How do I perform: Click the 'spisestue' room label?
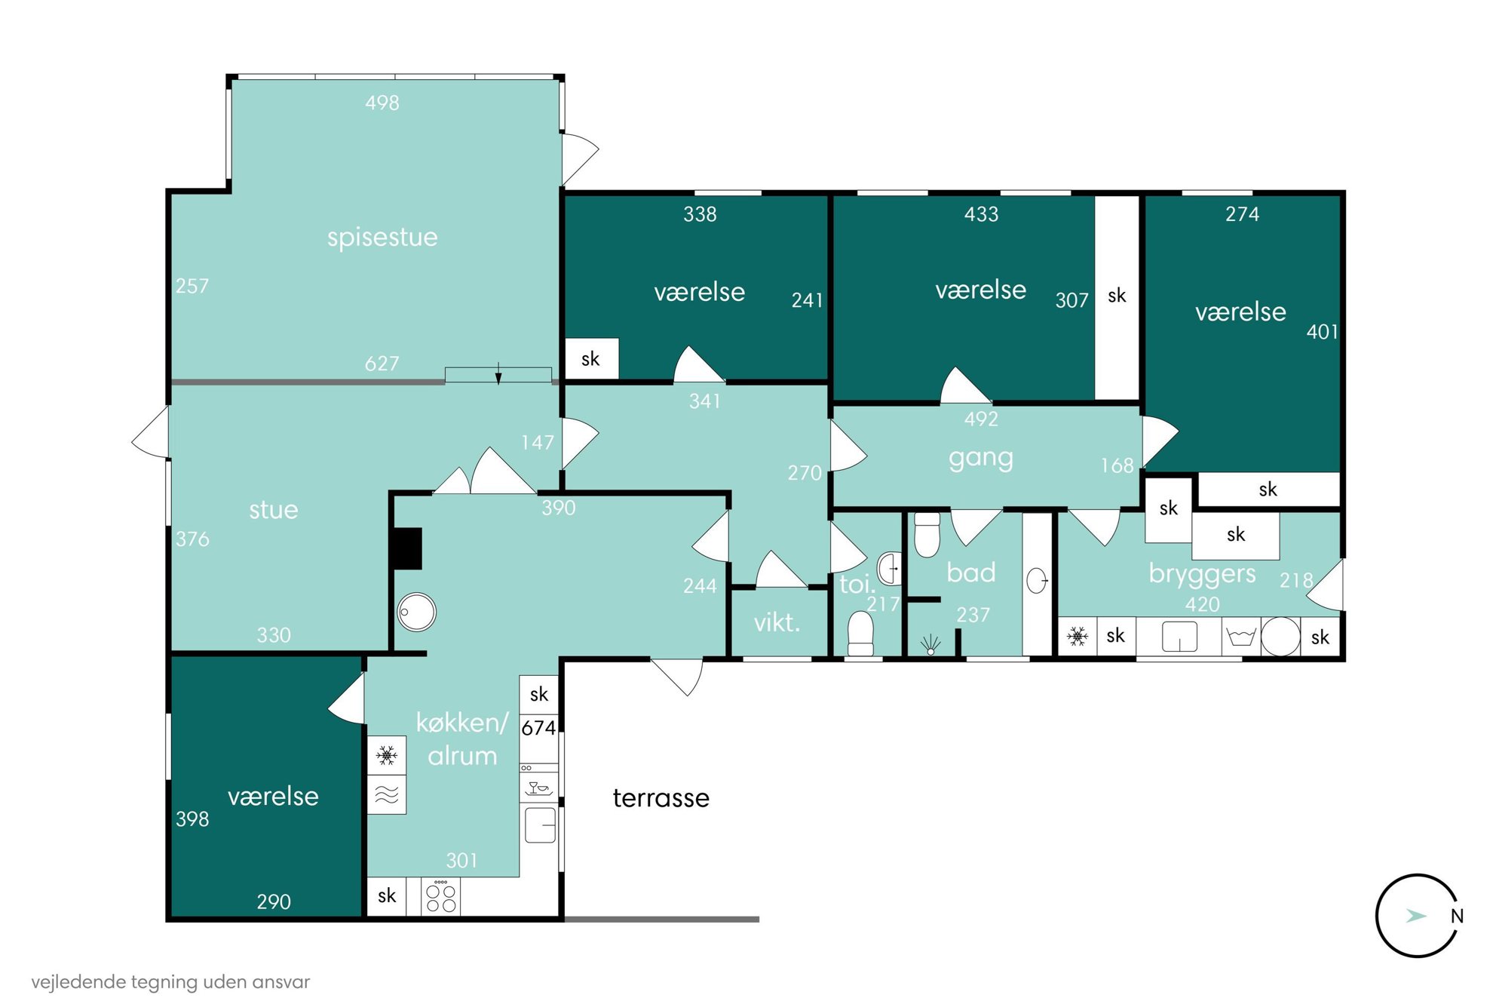[382, 238]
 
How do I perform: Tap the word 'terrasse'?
[661, 798]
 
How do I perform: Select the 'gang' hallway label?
[980, 459]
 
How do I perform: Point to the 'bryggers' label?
[1202, 574]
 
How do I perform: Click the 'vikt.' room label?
[776, 622]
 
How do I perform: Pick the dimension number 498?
[382, 103]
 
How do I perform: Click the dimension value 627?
[382, 364]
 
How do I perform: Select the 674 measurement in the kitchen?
[538, 728]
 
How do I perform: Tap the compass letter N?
[1457, 916]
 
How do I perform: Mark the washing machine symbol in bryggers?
[1280, 637]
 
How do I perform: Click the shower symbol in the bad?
[930, 645]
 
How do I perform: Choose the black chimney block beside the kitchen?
[406, 548]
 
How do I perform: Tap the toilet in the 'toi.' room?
[860, 633]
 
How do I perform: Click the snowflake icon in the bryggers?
[1078, 637]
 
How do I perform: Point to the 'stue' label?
[273, 511]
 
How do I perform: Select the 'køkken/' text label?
[462, 723]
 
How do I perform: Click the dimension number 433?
[981, 214]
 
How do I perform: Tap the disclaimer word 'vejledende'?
[78, 981]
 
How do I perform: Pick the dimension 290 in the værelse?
[273, 901]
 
